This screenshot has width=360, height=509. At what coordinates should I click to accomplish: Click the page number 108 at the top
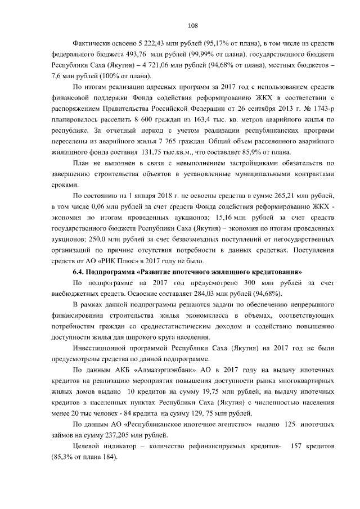coord(191,25)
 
